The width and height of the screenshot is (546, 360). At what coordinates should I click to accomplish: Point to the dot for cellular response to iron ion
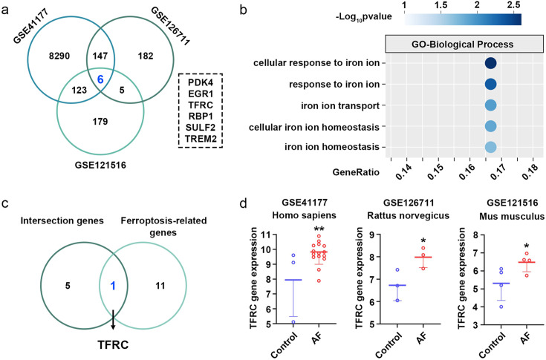490,65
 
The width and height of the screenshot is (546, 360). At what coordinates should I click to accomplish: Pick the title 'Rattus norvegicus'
418,217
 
